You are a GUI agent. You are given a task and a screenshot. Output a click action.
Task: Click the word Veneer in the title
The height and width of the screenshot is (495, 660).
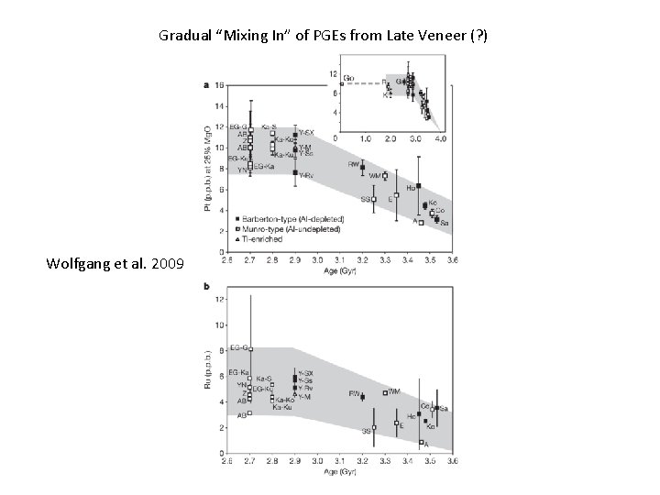click(434, 36)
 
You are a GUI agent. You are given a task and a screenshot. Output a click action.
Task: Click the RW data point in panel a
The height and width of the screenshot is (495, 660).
click(362, 168)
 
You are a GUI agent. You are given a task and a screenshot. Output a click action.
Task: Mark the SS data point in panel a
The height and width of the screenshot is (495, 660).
click(374, 198)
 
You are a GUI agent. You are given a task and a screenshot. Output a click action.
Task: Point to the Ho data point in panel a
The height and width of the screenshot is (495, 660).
click(418, 186)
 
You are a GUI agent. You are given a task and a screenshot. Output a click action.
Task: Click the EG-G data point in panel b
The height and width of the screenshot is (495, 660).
click(250, 349)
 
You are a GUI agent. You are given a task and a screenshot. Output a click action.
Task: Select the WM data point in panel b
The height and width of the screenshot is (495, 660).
click(385, 392)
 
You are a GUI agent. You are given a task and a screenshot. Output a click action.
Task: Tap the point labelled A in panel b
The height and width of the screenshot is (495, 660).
click(421, 442)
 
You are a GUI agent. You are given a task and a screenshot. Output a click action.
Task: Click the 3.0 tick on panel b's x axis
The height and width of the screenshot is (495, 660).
click(317, 461)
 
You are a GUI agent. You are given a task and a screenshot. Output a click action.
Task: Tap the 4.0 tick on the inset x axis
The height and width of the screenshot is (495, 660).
click(441, 138)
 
